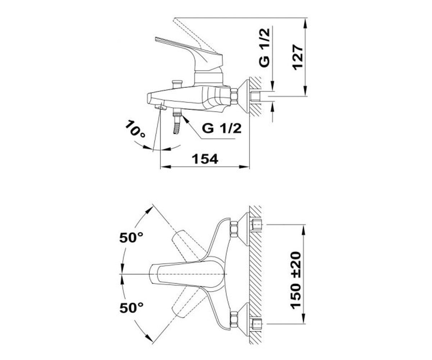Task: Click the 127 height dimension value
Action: click(x=298, y=57)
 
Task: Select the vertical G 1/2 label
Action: click(x=265, y=48)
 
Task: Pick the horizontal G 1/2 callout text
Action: click(x=222, y=129)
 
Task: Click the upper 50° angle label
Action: click(x=131, y=237)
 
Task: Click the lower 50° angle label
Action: click(x=131, y=308)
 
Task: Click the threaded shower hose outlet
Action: click(x=177, y=122)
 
